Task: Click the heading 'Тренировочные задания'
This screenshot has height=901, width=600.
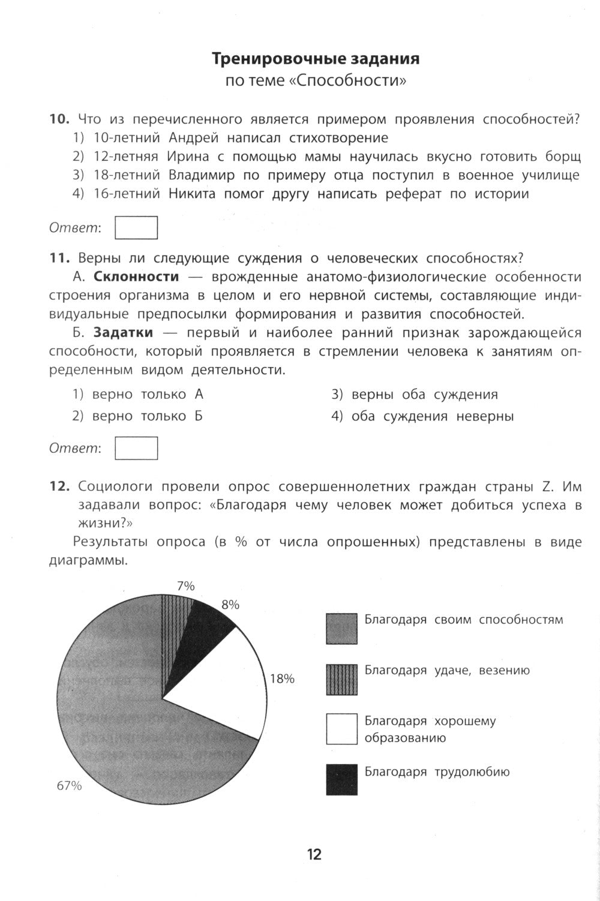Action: coord(316,59)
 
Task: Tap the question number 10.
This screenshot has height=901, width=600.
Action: coord(60,119)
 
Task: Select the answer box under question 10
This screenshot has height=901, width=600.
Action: coord(136,227)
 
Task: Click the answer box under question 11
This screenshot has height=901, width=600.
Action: coord(136,448)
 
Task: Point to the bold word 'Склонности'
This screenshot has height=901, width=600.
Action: coord(136,277)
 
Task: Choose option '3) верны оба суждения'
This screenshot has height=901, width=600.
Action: coord(415,395)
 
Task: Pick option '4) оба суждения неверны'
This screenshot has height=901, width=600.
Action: coord(422,416)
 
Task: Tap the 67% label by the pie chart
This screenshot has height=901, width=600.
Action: coord(69,786)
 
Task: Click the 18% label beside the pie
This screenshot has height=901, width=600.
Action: coord(282,679)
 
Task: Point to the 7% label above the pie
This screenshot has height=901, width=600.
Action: coord(185,586)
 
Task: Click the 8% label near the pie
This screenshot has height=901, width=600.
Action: coord(230,605)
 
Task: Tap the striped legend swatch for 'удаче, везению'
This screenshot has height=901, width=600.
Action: coord(341,679)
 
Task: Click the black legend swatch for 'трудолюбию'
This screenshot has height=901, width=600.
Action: coord(341,779)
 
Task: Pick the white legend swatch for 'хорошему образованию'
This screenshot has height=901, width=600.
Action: coord(341,729)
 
